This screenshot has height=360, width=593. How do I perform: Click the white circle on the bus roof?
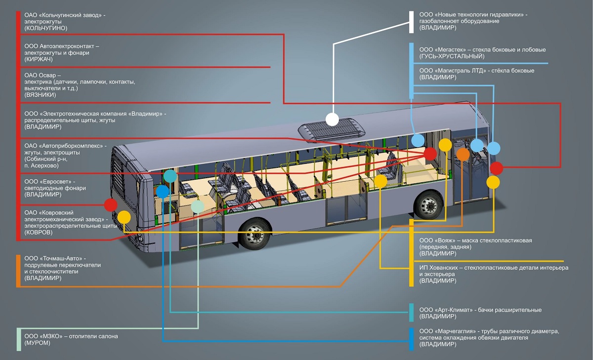[x=332, y=119]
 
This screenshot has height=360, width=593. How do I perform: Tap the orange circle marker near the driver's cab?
[x=463, y=154]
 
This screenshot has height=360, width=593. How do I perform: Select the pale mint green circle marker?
[x=197, y=206]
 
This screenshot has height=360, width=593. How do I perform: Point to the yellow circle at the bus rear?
[x=124, y=217]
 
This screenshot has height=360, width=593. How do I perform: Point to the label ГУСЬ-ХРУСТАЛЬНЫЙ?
[x=452, y=56]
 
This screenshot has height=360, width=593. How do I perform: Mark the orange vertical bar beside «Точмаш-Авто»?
[x=18, y=271]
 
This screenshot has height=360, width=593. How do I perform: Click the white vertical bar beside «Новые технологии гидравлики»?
[x=411, y=22]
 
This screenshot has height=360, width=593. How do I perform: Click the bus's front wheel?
[x=428, y=204]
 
